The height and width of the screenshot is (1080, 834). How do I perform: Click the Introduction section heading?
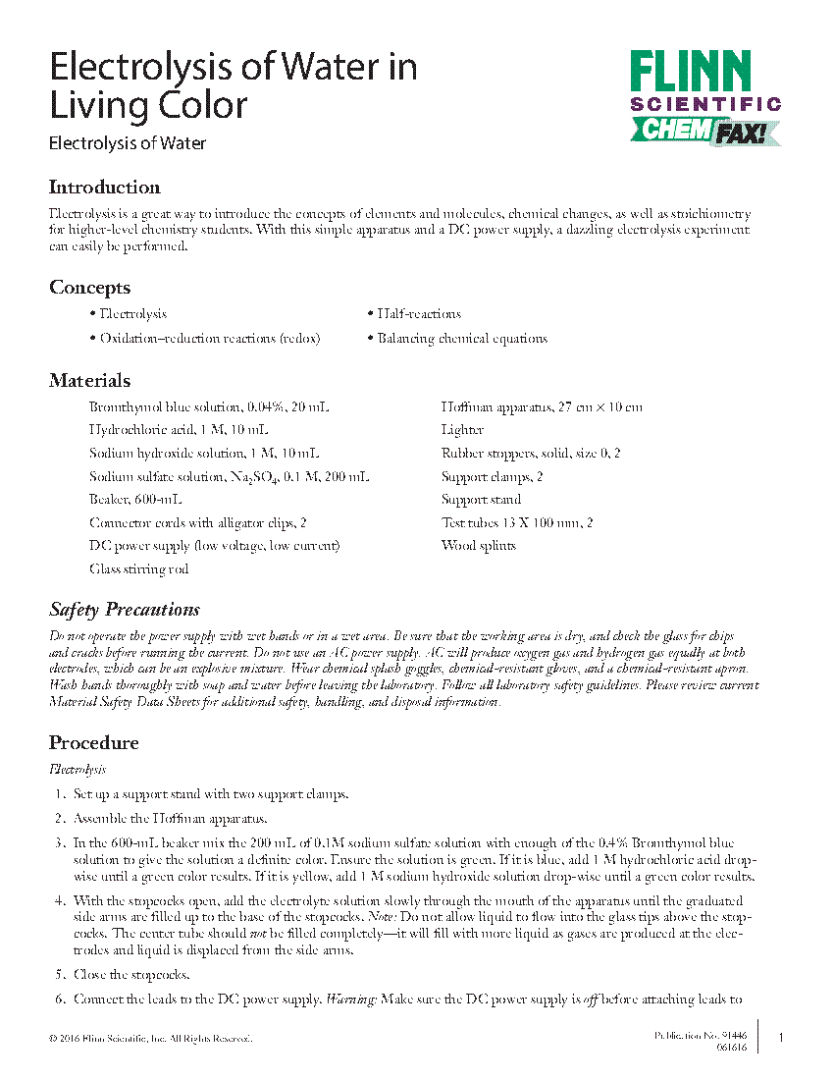click(x=105, y=188)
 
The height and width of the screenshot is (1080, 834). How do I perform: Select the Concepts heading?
click(x=89, y=288)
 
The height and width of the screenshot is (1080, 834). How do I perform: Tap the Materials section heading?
click(x=90, y=381)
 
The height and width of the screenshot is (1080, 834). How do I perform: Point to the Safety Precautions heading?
click(x=125, y=610)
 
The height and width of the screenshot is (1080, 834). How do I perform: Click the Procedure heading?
click(x=94, y=742)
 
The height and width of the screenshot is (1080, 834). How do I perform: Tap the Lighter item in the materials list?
click(x=462, y=430)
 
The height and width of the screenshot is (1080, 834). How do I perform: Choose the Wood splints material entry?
click(x=479, y=546)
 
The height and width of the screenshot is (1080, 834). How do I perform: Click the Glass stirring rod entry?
click(x=138, y=569)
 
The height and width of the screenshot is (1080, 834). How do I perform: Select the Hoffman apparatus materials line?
click(x=542, y=406)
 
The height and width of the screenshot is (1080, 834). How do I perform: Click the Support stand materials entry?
click(x=482, y=500)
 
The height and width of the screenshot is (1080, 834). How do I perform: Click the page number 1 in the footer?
click(x=779, y=1038)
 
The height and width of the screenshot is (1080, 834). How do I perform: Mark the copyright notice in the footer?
click(x=150, y=1038)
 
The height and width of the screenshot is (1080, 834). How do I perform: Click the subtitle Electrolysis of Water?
click(x=128, y=143)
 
